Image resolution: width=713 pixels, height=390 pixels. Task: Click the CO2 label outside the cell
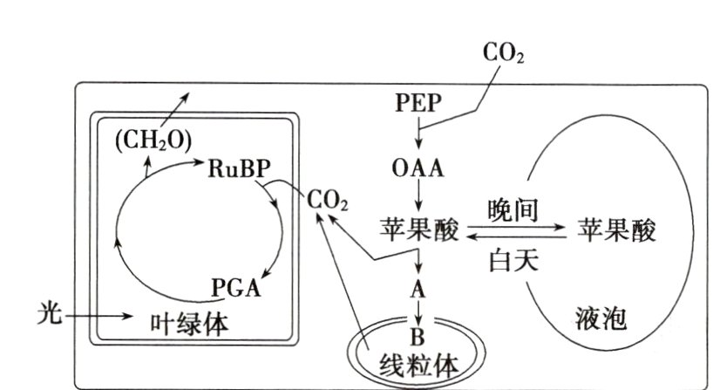503,54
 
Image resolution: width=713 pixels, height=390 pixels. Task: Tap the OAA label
418,168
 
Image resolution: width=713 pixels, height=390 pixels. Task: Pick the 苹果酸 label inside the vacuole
617,230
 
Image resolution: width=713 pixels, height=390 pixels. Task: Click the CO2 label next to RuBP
328,202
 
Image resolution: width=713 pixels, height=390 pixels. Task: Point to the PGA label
236,287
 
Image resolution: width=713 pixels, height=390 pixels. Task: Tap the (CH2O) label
154,140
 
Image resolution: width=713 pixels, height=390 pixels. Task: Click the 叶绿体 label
189,323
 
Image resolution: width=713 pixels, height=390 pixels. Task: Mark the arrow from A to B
418,311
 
